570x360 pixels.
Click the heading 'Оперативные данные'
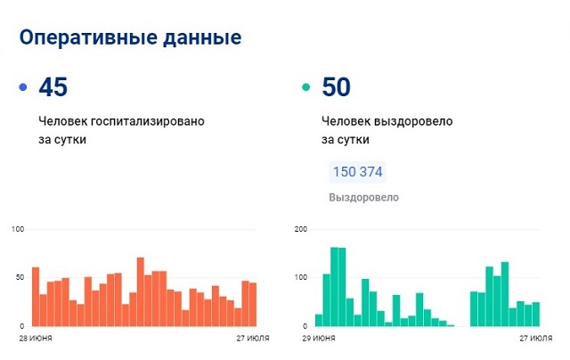coord(129,38)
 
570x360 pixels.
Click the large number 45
coord(53,87)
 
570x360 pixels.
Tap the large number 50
coord(336,87)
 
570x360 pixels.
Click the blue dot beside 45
coord(22,87)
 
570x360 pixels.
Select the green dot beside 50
coord(305,87)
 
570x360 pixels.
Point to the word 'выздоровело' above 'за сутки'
coord(419,119)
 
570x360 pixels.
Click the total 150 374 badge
coord(358,172)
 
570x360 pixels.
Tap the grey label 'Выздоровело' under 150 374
coord(364,197)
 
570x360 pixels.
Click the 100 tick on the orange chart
coord(17,230)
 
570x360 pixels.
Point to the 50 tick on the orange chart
coord(20,278)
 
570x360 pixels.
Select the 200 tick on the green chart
coord(300,230)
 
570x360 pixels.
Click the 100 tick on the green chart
coord(300,278)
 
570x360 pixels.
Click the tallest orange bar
coord(141,291)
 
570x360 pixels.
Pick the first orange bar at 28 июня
coord(36,296)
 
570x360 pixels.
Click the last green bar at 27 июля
coord(535,314)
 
